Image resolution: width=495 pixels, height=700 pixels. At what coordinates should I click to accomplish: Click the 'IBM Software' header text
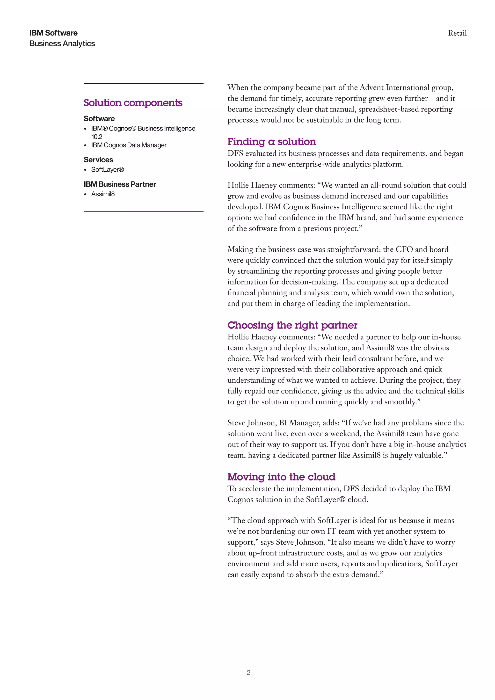pos(53,33)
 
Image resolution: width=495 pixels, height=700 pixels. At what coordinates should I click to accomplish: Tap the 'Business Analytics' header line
pos(62,44)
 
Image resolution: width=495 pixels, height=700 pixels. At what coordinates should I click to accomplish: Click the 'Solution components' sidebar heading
pos(133,103)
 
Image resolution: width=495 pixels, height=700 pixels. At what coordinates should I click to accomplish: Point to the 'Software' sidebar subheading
pos(99,119)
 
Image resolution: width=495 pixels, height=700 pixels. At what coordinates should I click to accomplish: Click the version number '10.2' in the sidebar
pos(97,137)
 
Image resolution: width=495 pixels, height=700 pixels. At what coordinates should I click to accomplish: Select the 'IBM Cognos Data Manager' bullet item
pos(129,145)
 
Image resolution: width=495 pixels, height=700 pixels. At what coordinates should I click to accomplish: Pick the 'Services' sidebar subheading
pos(98,160)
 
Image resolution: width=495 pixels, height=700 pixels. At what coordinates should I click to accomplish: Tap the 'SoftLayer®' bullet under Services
pos(107,169)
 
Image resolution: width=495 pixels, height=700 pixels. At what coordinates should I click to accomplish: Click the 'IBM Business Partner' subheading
pos(120,184)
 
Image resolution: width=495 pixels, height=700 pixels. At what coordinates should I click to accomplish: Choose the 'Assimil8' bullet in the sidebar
pos(103,194)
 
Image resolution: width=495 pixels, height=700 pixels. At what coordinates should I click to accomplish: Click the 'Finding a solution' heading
pos(272,142)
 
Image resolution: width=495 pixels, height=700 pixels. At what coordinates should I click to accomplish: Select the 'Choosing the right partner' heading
pos(292,325)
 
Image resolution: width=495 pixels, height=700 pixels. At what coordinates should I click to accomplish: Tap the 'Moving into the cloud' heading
pos(281,477)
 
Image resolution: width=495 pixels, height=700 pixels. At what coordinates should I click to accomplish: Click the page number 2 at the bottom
pos(248,672)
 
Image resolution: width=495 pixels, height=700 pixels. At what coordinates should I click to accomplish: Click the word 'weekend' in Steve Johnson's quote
pos(345,434)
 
